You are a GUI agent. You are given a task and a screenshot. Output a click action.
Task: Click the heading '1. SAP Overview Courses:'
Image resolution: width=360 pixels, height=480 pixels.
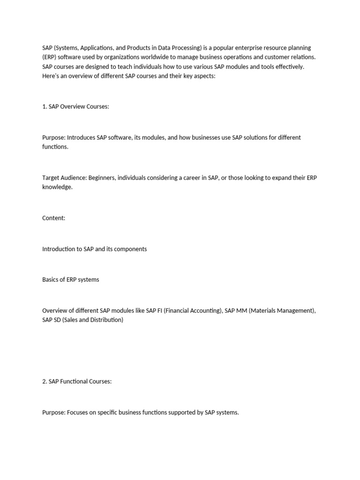[x=75, y=106]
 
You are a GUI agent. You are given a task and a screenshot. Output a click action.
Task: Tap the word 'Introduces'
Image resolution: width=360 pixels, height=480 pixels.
[x=81, y=137]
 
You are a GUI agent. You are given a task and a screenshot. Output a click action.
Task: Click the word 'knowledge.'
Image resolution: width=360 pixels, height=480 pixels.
[x=58, y=187]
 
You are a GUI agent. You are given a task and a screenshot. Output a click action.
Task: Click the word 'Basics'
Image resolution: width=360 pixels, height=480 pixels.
[x=51, y=279]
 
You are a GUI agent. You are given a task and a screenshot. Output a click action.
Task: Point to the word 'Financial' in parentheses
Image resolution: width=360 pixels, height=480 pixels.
[x=179, y=310]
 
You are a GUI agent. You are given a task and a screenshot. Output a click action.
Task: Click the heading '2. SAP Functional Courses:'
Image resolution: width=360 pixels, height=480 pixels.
[x=77, y=382]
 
